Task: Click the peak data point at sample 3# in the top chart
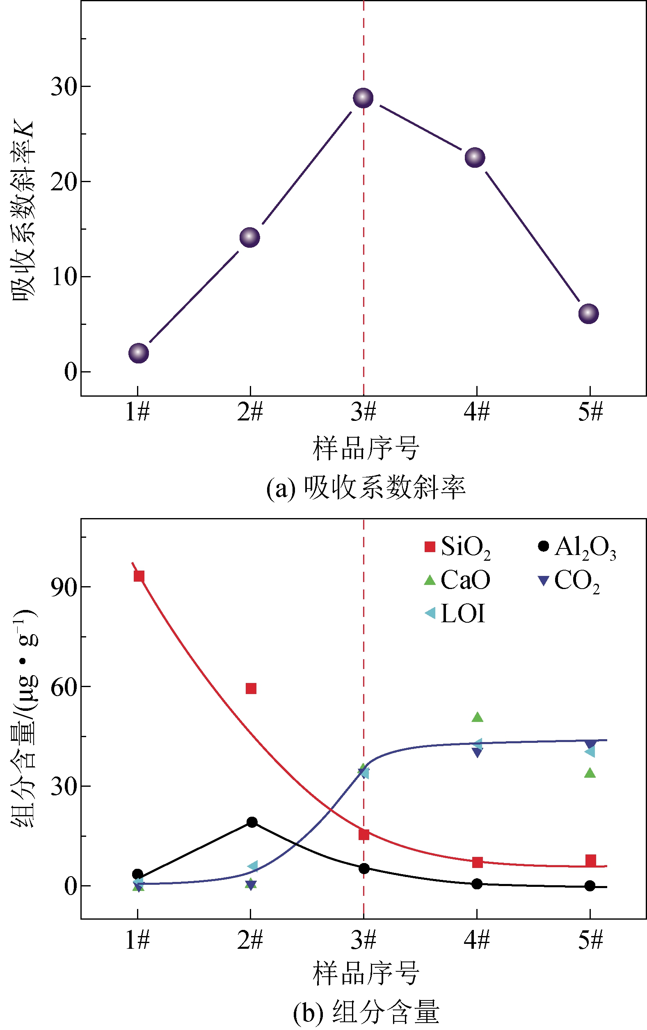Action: [x=363, y=98]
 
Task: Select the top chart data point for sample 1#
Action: [x=139, y=353]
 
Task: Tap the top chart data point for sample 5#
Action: [x=588, y=313]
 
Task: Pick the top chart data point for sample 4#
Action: [x=475, y=158]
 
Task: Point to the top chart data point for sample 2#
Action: [x=250, y=237]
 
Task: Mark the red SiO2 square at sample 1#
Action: [x=139, y=576]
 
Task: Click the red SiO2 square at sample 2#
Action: [x=251, y=688]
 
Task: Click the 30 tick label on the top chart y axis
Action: [x=64, y=87]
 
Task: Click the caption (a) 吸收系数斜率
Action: [x=366, y=488]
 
